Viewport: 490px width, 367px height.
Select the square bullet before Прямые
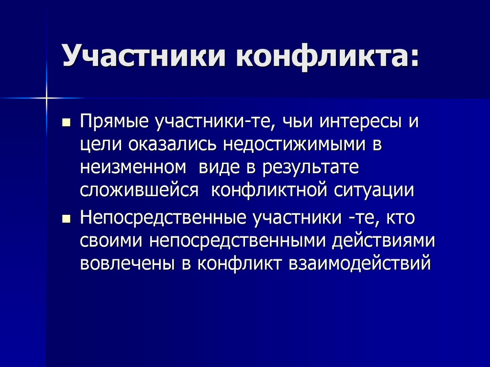click(x=67, y=122)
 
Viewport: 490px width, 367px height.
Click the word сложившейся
click(x=140, y=190)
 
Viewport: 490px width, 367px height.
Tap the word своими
click(x=112, y=242)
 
